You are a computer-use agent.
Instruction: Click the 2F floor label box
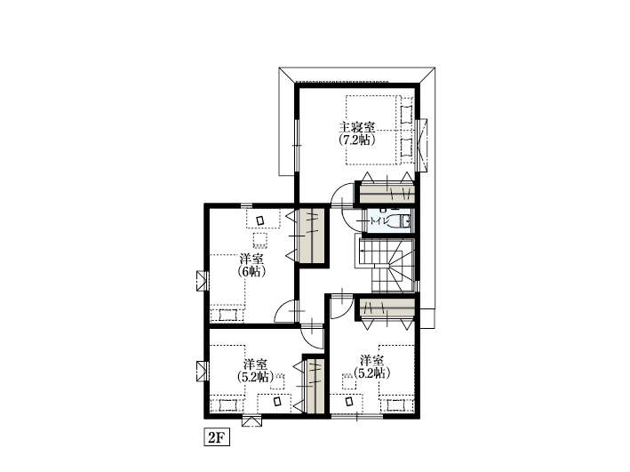[217, 437]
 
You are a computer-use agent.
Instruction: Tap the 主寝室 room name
[357, 127]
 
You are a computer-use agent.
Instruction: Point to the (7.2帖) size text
[357, 140]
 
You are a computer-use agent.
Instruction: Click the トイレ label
[379, 220]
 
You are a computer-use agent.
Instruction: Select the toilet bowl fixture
[402, 220]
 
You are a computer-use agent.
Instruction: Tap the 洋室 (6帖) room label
[251, 265]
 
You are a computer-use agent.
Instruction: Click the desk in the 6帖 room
[263, 219]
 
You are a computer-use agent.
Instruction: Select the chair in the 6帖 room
[260, 240]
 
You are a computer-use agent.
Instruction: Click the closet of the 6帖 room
[312, 236]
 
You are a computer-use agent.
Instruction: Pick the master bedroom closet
[387, 193]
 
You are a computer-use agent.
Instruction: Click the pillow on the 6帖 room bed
[227, 315]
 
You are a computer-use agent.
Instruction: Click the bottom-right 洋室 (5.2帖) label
[371, 366]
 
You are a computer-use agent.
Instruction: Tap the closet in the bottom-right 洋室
[387, 308]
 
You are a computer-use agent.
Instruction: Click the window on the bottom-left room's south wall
[252, 421]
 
